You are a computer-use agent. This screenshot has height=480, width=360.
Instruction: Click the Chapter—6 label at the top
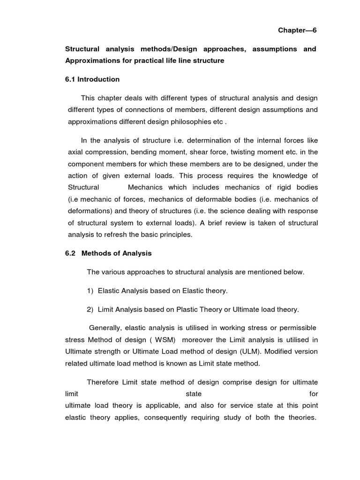pyautogui.click(x=298, y=30)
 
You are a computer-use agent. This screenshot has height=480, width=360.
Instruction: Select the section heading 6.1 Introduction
pyautogui.click(x=92, y=79)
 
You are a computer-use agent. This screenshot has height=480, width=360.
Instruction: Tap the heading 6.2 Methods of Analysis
pyautogui.click(x=108, y=253)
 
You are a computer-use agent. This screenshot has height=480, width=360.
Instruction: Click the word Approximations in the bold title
pyautogui.click(x=89, y=61)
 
